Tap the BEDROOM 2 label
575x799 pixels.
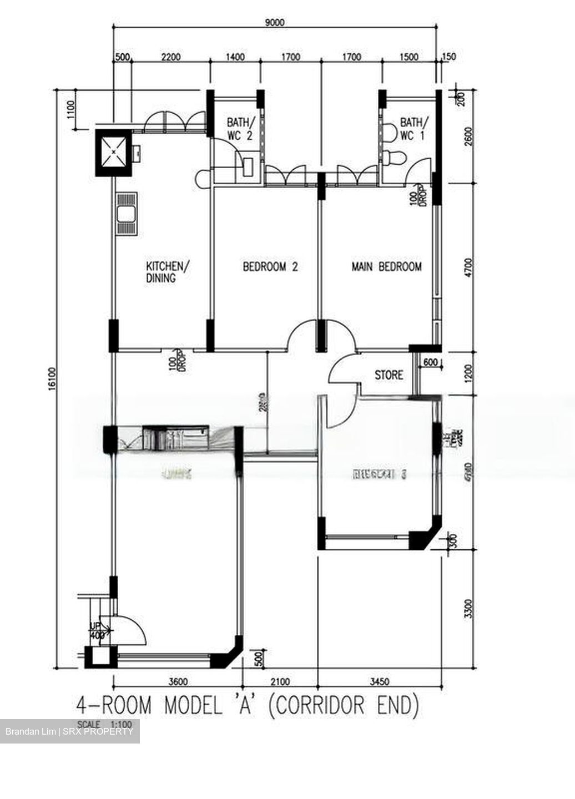[270, 267]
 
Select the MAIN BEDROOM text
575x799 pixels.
[386, 267]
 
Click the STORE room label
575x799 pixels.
[389, 376]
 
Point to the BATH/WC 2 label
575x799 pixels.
[241, 129]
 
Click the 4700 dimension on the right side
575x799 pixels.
[469, 267]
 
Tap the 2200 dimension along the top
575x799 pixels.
[170, 57]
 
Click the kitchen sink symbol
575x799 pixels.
[126, 214]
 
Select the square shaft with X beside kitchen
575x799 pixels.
[114, 152]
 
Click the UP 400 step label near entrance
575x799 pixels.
[97, 631]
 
